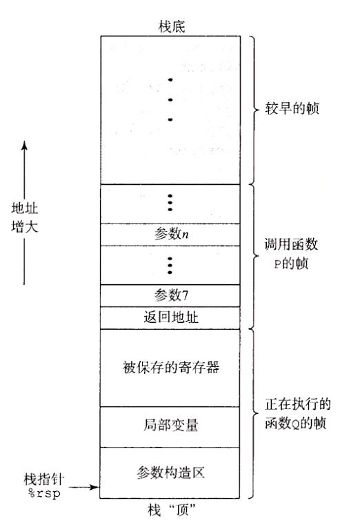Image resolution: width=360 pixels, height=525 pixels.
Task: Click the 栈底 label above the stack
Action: [x=172, y=27]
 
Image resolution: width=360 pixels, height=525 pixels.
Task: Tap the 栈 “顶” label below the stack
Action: [x=172, y=511]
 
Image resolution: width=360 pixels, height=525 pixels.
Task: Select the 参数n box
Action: [x=170, y=235]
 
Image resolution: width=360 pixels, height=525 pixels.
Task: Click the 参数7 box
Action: [x=170, y=296]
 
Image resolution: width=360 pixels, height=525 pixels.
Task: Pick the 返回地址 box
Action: [x=170, y=318]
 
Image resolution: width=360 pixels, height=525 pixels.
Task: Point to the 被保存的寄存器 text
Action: [x=171, y=368]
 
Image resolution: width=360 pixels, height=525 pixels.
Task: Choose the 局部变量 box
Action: [x=170, y=427]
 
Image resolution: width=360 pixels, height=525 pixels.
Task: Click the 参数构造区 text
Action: [x=170, y=473]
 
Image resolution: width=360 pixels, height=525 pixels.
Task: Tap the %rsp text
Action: [x=44, y=493]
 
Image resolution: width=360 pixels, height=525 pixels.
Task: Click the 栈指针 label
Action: [x=44, y=479]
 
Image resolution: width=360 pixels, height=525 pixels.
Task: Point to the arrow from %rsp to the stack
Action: [x=83, y=487]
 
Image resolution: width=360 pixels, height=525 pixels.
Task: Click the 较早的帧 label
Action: [x=292, y=108]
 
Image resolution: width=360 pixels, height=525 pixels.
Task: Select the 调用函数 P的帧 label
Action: [x=291, y=254]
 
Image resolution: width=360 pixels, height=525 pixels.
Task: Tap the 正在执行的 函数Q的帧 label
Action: [x=298, y=414]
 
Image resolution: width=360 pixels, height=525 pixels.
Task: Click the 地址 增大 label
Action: [x=24, y=217]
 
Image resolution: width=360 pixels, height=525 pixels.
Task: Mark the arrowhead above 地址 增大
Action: [x=24, y=145]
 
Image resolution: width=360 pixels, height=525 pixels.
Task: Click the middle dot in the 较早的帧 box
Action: [x=170, y=100]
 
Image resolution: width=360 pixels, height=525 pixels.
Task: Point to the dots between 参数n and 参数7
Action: [x=170, y=265]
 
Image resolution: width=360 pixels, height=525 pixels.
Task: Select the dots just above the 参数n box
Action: [x=170, y=203]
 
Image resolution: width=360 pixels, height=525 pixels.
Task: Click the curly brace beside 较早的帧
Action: [x=254, y=110]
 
